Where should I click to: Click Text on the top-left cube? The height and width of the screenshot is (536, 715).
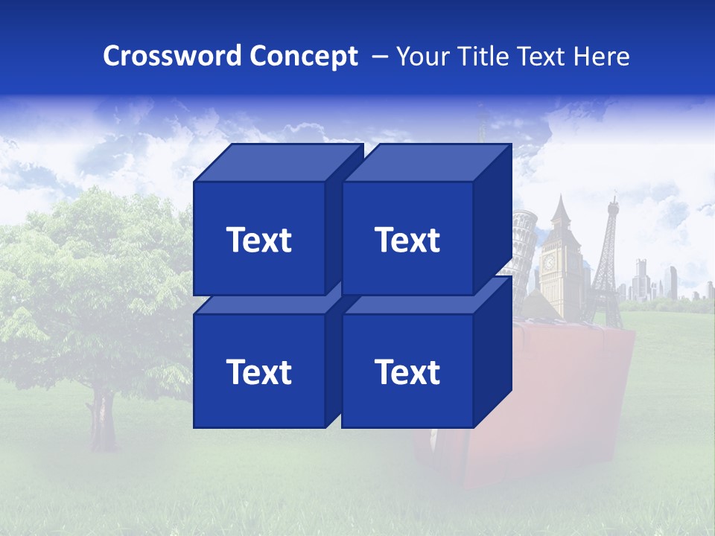[258, 240]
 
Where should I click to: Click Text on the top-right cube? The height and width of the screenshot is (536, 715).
[407, 240]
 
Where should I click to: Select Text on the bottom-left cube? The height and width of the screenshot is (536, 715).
[258, 371]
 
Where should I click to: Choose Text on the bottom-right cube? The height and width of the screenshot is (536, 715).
[407, 371]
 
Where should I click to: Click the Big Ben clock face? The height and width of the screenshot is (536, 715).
[550, 262]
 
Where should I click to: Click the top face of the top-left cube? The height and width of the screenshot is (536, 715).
[278, 162]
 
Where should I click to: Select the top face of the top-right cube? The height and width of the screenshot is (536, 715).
[427, 162]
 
